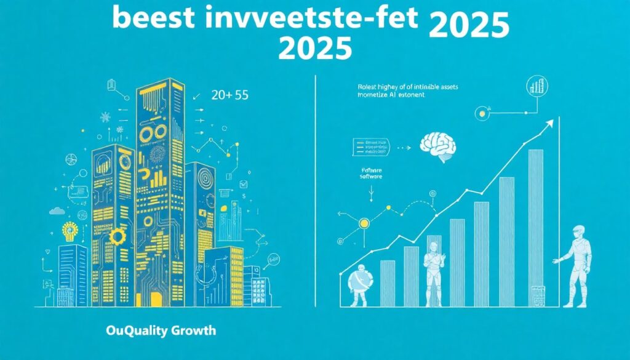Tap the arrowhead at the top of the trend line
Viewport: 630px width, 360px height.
(x=550, y=122)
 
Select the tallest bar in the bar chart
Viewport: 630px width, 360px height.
(x=536, y=228)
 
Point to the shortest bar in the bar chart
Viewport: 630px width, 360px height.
(x=388, y=283)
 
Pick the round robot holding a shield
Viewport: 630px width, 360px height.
(x=357, y=284)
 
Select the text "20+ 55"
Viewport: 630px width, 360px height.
(x=229, y=96)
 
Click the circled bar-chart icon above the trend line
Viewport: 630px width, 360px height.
(x=538, y=86)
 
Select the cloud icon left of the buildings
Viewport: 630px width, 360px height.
(x=57, y=211)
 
